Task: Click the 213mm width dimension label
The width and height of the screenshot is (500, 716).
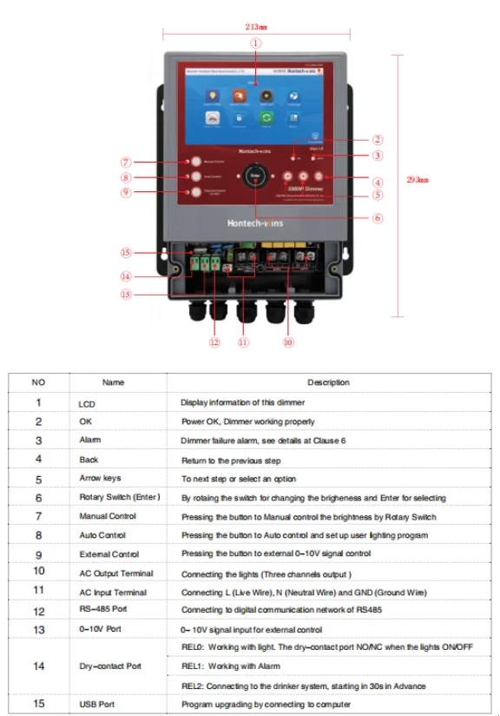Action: click(x=255, y=26)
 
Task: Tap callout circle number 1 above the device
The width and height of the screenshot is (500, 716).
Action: click(x=255, y=42)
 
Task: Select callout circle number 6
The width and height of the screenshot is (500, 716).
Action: click(x=378, y=218)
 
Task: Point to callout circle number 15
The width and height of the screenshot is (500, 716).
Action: click(x=126, y=253)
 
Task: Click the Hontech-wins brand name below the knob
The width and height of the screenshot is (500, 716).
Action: click(x=255, y=223)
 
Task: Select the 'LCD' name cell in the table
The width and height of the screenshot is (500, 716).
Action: click(x=86, y=402)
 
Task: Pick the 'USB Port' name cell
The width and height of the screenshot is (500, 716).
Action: click(x=96, y=704)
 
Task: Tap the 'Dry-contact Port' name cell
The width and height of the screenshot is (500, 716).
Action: click(x=110, y=666)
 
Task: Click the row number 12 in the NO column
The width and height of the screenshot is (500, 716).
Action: click(x=38, y=611)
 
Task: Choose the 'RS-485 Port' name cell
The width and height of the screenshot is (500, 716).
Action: click(x=102, y=612)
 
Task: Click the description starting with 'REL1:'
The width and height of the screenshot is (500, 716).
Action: click(x=231, y=666)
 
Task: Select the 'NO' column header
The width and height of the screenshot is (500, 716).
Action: click(x=38, y=382)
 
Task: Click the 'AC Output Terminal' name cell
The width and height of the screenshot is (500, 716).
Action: click(x=115, y=573)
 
